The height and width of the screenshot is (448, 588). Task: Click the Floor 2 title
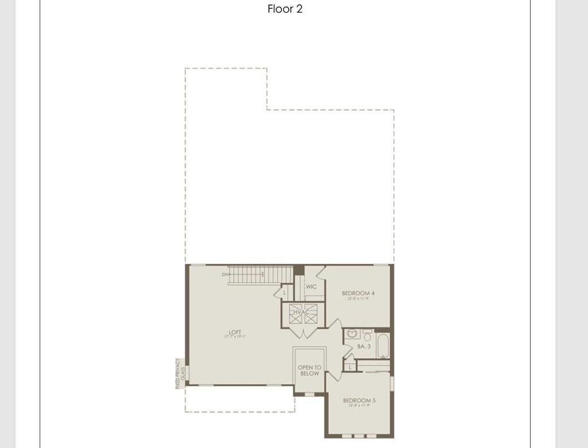point(285,9)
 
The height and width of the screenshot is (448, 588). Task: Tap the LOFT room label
point(235,332)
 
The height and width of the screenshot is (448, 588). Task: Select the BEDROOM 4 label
point(358,293)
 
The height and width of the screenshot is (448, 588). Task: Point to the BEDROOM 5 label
point(359,400)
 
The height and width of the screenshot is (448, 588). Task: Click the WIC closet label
point(311,287)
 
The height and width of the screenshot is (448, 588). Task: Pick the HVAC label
point(302,312)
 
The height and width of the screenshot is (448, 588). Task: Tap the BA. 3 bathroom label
point(364,346)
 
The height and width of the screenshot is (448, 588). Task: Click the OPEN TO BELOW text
point(310,371)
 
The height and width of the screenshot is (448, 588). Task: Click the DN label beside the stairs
point(225,275)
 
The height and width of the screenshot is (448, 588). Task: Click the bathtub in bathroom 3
point(382,345)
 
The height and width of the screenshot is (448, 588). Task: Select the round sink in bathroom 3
point(352,334)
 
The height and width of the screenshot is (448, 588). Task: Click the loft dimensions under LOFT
point(235,337)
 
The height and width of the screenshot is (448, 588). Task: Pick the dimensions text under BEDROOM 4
point(358,299)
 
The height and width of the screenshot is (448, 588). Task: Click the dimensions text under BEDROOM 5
point(359,406)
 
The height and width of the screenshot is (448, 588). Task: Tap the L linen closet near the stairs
point(284,293)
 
